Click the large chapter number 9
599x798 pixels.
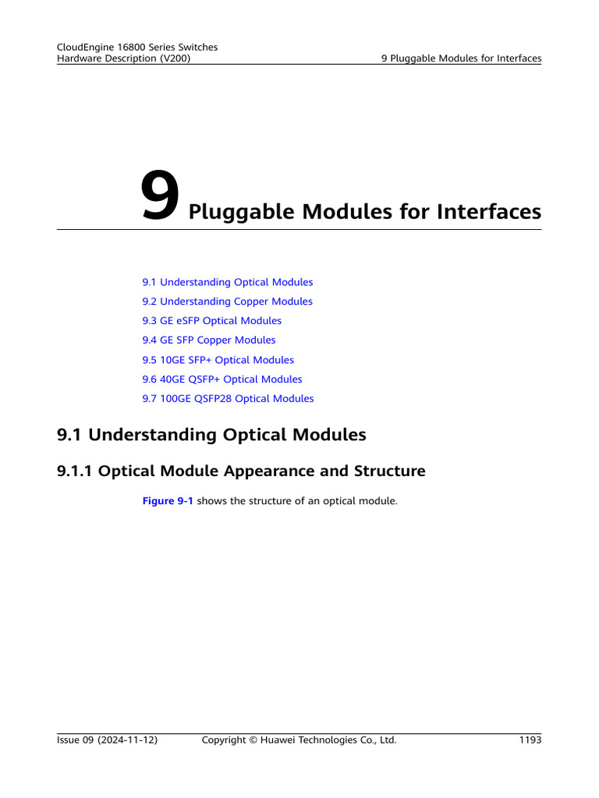[160, 196]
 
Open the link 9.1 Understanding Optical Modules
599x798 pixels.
[228, 282]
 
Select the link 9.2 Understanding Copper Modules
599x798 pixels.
[227, 302]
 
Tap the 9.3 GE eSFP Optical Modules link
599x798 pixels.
[212, 320]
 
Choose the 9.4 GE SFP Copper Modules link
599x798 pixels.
[209, 340]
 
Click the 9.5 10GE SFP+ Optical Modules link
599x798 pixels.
[218, 360]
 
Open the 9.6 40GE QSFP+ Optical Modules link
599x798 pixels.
[222, 380]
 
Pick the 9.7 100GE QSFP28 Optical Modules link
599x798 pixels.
[229, 398]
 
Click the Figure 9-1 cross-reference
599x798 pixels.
[168, 501]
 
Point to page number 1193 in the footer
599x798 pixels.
[530, 740]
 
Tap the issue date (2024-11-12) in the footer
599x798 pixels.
[127, 740]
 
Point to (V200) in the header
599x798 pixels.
[175, 58]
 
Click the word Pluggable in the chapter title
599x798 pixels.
[242, 212]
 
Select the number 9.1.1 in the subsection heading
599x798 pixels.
[74, 471]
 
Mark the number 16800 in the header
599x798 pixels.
[131, 48]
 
